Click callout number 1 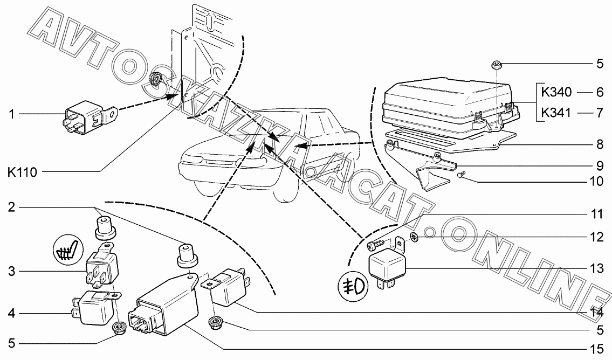[x=12, y=114]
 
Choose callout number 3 [x=12, y=270]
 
